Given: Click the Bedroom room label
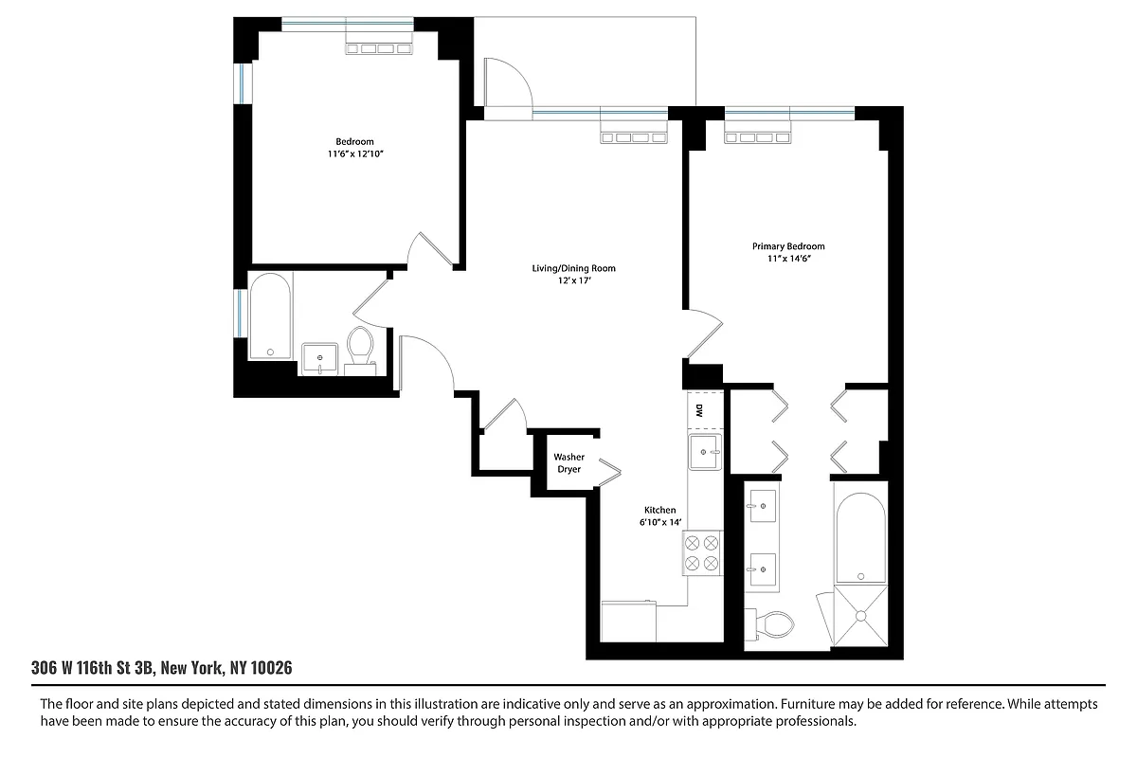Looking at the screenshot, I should coord(354,142).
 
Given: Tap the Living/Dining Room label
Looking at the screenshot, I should coord(573,269).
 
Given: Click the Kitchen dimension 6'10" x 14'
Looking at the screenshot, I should coord(659,522).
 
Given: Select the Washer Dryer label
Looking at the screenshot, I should coord(569,463).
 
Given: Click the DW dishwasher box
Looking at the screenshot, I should coord(699,410).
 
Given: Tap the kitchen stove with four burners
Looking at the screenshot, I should coord(701,553).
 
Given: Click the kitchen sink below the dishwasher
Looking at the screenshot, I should coord(705,452).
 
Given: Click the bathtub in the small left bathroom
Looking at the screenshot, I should coord(270,317).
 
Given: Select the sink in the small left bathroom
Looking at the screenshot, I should coord(320,359).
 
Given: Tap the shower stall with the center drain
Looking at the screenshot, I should coord(860,617).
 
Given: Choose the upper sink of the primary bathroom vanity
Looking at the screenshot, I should coord(762,507).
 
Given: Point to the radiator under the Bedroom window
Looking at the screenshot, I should coord(378,48).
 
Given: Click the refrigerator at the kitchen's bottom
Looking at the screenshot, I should coord(628,621).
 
